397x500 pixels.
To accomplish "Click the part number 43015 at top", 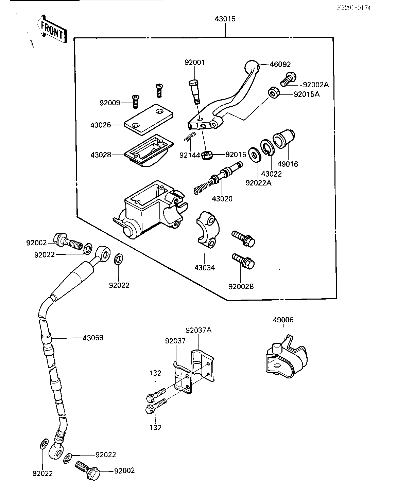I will tap(225, 19).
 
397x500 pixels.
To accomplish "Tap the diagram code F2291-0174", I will tap(353, 8).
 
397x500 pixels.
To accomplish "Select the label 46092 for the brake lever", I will tap(280, 64).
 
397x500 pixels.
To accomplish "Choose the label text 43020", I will tap(222, 199).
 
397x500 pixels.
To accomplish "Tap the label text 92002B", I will tap(241, 286).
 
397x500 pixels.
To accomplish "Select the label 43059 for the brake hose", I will tap(93, 338).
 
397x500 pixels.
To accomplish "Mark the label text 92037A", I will tap(198, 330).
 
